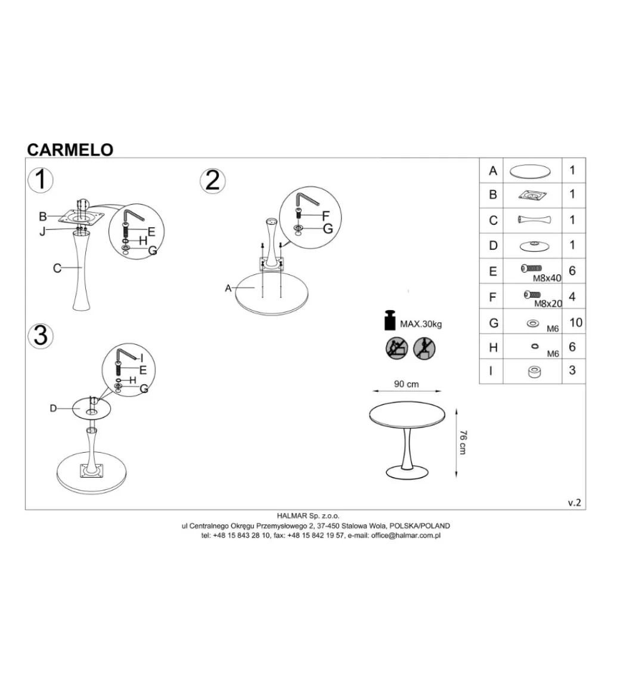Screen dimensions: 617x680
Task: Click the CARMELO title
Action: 70,150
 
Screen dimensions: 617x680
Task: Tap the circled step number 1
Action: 41,180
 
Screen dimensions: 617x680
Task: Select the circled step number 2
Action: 213,181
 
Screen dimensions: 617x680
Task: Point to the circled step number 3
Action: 41,336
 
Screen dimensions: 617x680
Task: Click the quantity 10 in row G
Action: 576,323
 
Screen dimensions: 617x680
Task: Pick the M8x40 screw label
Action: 547,279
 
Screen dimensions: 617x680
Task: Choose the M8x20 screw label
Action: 548,304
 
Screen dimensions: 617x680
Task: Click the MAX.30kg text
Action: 421,324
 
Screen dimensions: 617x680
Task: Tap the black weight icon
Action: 390,320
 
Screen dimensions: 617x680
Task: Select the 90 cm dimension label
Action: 407,384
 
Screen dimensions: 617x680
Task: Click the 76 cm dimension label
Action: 463,443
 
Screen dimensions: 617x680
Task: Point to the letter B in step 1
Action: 43,217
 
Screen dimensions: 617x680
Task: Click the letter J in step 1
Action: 42,231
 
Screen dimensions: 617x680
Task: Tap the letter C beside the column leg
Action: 57,268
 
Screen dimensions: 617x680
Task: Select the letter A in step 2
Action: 228,288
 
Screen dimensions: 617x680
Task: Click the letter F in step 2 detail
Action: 326,216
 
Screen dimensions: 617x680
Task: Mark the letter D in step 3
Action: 53,409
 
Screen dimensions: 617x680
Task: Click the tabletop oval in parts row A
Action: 530,171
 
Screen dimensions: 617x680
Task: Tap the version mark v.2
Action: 575,503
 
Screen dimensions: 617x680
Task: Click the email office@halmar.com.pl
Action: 406,536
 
